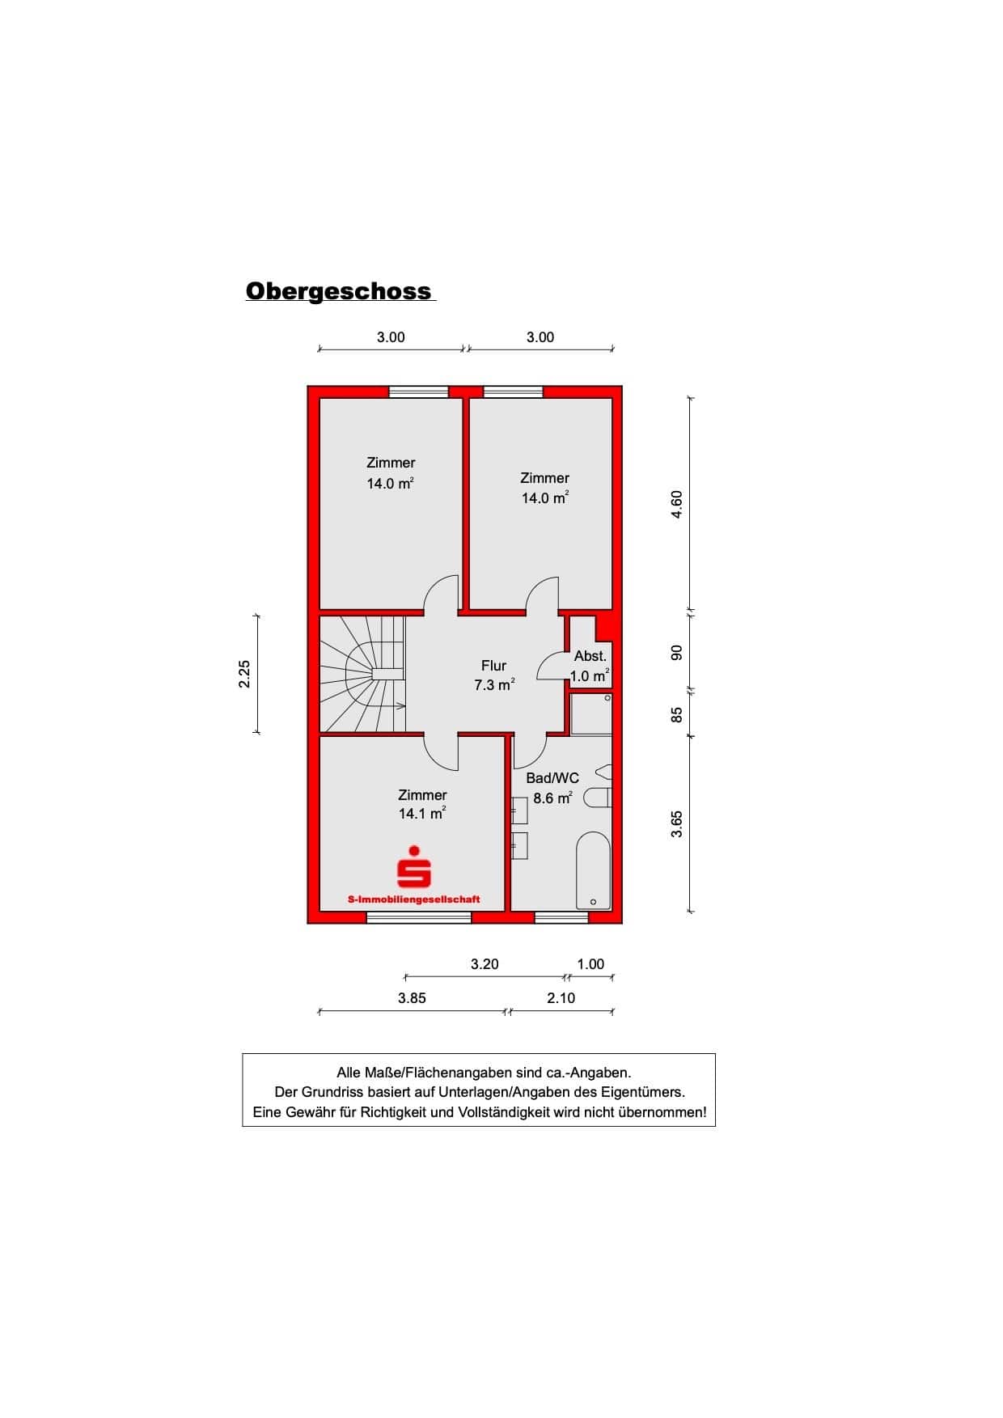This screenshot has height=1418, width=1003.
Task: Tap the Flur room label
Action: (493, 666)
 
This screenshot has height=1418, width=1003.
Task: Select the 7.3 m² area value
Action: (494, 685)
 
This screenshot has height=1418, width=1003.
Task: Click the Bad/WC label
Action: (552, 778)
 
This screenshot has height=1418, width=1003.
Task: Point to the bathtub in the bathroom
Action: (594, 870)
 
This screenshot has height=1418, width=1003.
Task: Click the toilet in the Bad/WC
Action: (598, 798)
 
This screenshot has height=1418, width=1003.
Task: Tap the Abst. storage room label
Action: (590, 656)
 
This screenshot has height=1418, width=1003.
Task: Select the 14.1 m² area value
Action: (422, 814)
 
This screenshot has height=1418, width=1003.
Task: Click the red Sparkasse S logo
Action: (413, 866)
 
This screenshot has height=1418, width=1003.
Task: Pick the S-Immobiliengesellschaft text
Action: (413, 899)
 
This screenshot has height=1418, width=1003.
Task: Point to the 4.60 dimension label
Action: (678, 505)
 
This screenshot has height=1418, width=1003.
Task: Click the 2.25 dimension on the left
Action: (244, 675)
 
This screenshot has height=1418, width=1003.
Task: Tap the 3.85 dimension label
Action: (412, 998)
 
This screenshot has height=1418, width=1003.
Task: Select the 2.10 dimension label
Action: (561, 998)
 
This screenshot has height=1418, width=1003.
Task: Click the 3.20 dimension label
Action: (485, 964)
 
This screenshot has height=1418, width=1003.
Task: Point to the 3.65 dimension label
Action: (678, 824)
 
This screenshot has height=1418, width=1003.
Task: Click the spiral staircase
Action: (362, 675)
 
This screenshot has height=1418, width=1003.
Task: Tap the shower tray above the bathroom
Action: (591, 713)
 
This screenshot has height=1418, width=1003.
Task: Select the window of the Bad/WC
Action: (561, 917)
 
